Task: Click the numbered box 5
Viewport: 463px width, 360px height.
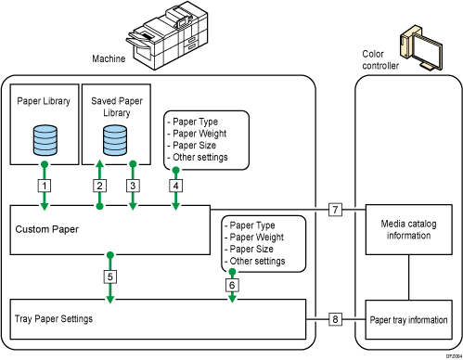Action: coord(110,276)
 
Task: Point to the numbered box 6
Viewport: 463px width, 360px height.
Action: coord(232,285)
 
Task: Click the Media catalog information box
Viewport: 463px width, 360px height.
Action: coord(408,230)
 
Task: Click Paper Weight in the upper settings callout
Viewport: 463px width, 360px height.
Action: coord(195,132)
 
